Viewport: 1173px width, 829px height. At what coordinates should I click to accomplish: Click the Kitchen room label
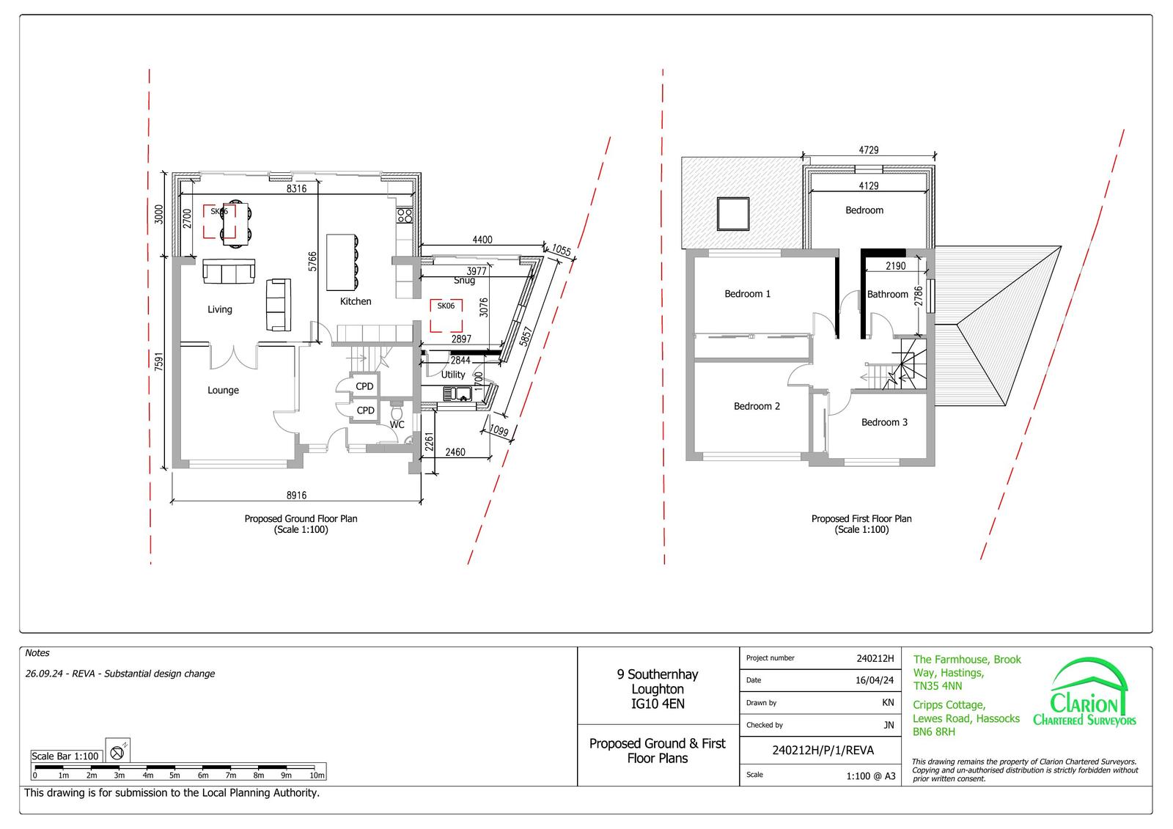coord(356,302)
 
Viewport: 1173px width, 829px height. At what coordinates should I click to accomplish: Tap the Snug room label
coord(464,281)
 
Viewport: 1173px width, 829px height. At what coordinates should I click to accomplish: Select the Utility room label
coord(453,375)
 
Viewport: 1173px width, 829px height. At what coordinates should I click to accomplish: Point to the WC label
coord(397,424)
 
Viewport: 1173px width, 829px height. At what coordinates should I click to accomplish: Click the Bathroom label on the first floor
coord(888,295)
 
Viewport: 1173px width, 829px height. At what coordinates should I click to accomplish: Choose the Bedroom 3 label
coord(884,423)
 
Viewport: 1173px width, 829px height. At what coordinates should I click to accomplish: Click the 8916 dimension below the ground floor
coord(296,495)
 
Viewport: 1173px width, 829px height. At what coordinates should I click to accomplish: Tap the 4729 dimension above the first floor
coord(869,150)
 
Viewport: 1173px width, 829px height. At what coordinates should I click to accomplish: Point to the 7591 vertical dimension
coord(159,362)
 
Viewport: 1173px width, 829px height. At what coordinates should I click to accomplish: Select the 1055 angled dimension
coord(562,251)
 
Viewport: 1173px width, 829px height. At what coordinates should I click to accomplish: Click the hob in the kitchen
coord(405,215)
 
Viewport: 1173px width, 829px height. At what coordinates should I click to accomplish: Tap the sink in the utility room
coord(457,394)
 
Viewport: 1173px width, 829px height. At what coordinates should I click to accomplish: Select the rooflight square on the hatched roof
coord(733,214)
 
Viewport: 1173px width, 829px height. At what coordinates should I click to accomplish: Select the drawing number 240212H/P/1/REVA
coord(823,751)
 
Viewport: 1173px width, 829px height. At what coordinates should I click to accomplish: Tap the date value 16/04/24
coord(875,680)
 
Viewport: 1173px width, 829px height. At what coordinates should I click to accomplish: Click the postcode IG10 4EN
coord(658,704)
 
